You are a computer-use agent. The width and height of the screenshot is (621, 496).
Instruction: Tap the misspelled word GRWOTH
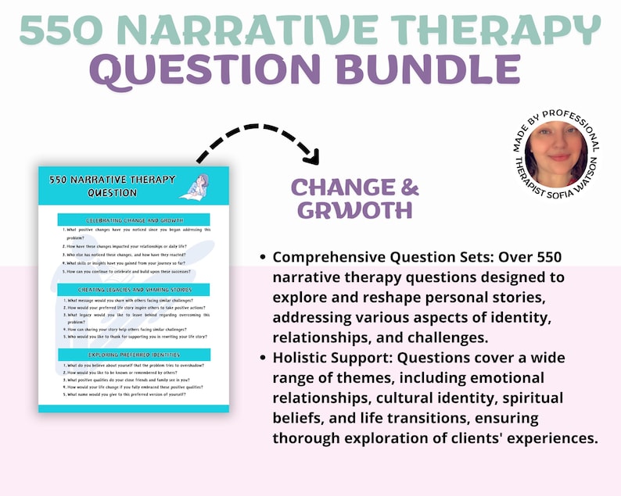(354, 211)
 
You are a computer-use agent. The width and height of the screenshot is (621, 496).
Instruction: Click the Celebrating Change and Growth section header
(133, 220)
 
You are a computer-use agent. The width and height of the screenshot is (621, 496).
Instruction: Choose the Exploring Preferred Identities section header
(133, 355)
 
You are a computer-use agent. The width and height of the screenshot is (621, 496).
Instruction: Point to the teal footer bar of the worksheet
(134, 408)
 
